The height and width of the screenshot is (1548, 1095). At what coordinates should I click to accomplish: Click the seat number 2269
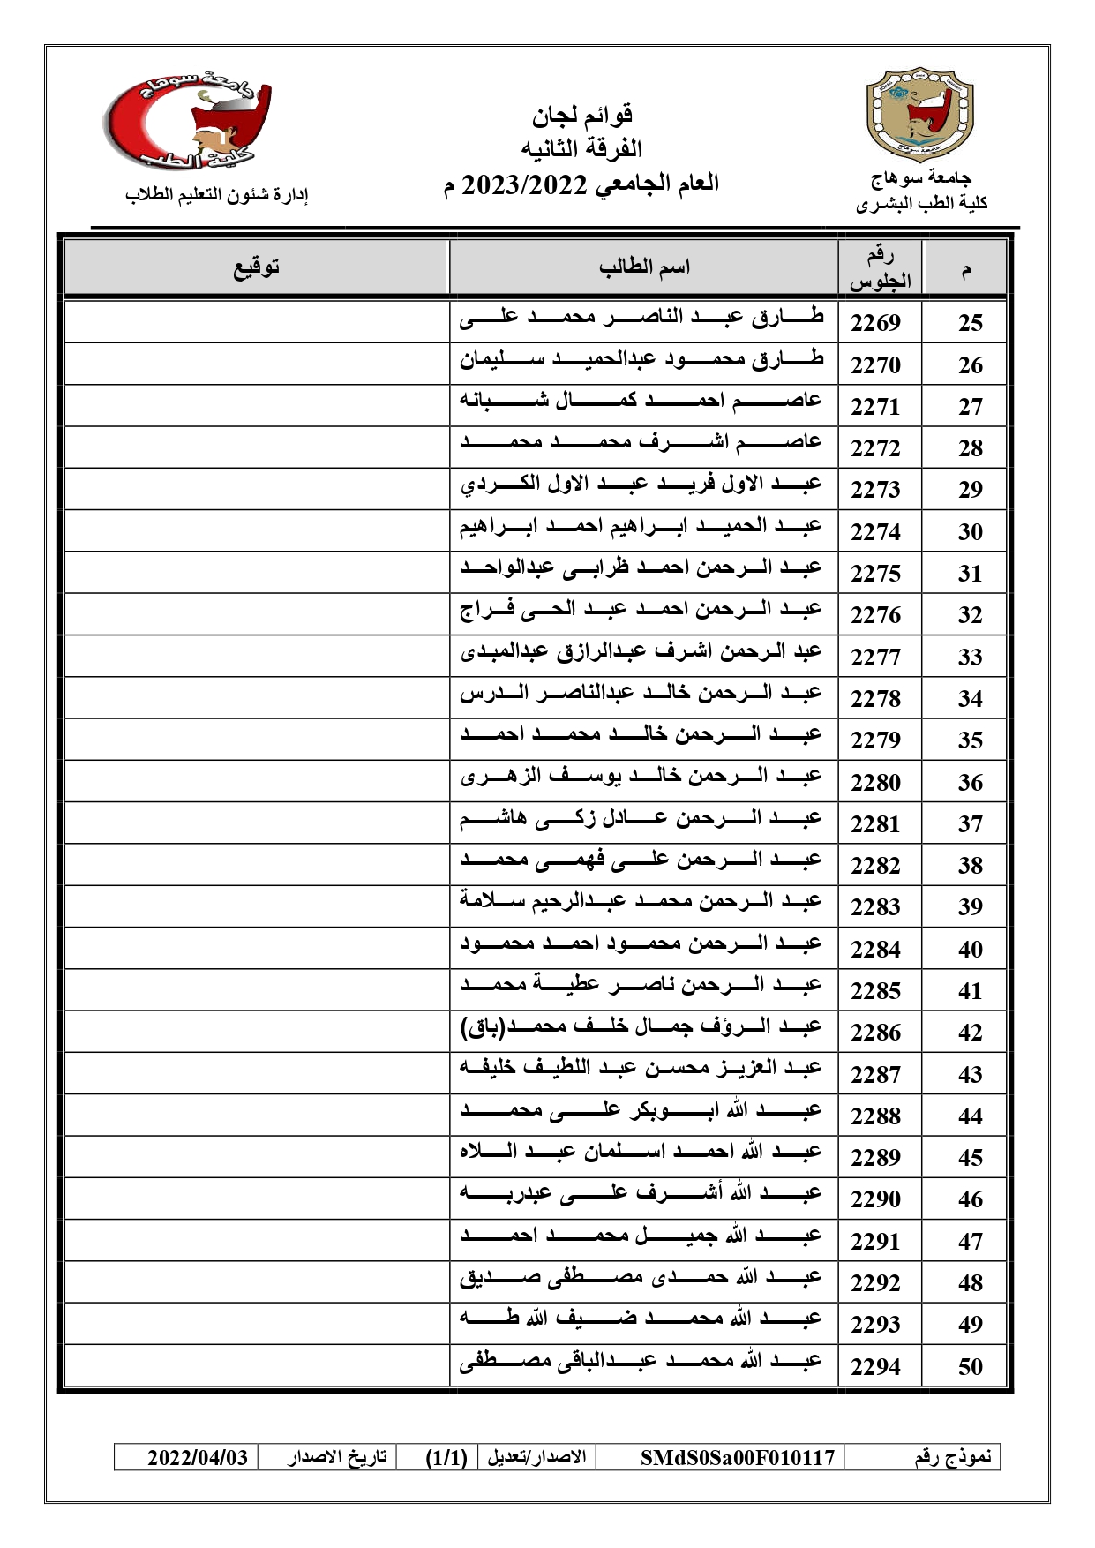click(875, 322)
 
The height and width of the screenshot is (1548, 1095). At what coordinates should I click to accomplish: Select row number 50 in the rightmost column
click(970, 1366)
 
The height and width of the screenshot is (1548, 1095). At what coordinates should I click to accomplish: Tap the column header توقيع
click(256, 267)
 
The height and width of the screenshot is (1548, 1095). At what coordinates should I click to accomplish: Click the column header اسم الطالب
click(644, 267)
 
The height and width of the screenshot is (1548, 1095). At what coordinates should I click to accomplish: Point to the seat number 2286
click(875, 1032)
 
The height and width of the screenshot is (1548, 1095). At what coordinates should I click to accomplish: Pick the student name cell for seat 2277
click(641, 653)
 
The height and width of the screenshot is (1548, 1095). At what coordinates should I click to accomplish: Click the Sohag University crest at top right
click(920, 114)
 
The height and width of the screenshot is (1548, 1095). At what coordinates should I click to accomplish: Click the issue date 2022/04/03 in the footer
click(198, 1456)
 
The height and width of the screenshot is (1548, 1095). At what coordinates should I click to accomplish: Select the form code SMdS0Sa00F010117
click(737, 1456)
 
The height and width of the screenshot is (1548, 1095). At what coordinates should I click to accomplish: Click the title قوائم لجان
click(582, 115)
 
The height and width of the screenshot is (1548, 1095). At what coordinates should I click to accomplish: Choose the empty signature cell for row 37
click(256, 823)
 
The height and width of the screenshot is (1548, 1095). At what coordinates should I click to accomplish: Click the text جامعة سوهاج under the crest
click(920, 179)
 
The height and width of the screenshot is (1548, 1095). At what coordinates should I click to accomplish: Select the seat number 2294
click(875, 1366)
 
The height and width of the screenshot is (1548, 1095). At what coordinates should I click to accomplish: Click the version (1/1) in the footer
click(446, 1456)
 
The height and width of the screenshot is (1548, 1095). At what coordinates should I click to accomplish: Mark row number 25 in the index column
click(970, 322)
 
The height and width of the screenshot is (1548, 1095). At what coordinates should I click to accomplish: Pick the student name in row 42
click(641, 1028)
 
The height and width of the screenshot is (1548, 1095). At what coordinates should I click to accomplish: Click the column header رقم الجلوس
click(880, 267)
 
